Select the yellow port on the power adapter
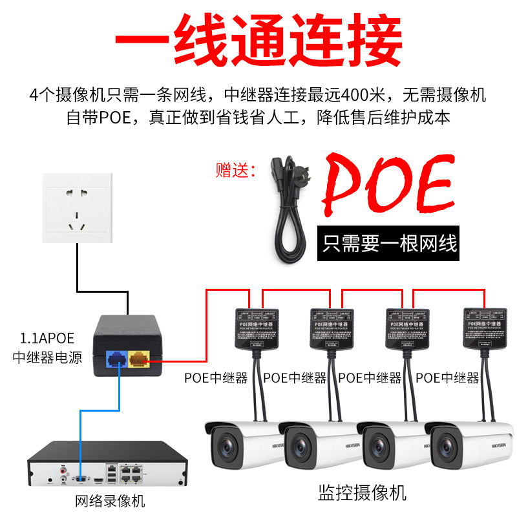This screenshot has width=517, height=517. click(x=139, y=357)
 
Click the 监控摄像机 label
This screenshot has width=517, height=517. click(x=362, y=494)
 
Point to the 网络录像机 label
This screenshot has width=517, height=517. click(x=111, y=500)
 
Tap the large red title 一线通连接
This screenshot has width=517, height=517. click(x=258, y=39)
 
